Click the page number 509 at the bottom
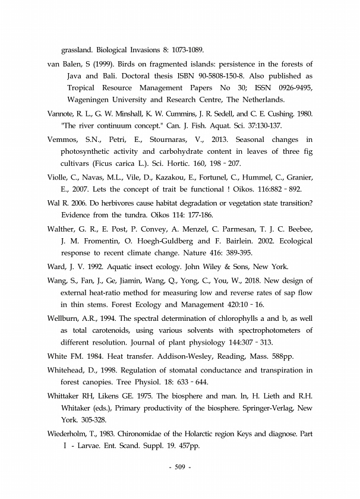point(179,466)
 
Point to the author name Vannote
point(62,113)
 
